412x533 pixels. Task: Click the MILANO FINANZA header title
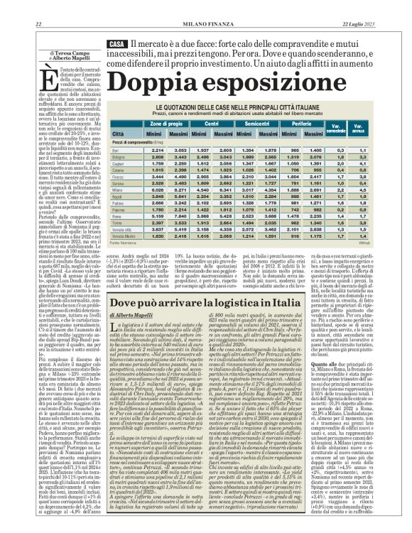click(205, 25)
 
